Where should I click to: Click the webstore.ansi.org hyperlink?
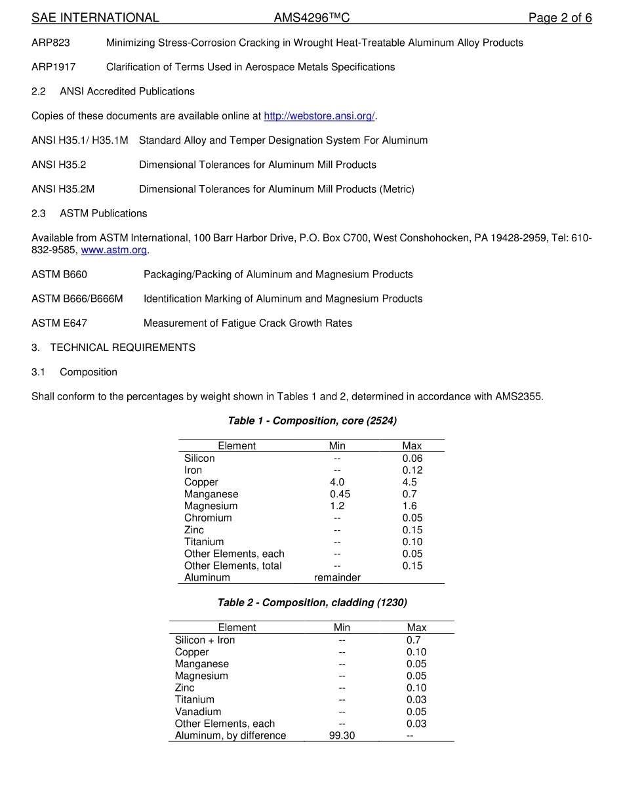point(319,116)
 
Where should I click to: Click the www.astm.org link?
point(113,250)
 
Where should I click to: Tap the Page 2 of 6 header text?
point(559,18)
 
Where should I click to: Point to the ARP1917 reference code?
point(53,67)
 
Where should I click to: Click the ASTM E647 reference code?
point(59,323)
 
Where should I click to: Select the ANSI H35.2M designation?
point(63,189)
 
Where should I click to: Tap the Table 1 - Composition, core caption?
point(311,421)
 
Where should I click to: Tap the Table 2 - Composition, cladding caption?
point(311,602)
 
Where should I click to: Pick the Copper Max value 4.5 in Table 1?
point(409,482)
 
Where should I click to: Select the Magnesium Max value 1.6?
point(409,506)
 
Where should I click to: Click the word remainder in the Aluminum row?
point(337,577)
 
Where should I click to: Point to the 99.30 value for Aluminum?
point(342,735)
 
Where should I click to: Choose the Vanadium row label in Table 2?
point(197,712)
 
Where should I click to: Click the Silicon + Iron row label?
point(205,640)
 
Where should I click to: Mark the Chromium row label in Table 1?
point(208,518)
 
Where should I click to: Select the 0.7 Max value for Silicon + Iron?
point(413,640)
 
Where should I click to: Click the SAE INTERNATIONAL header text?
point(95,18)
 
